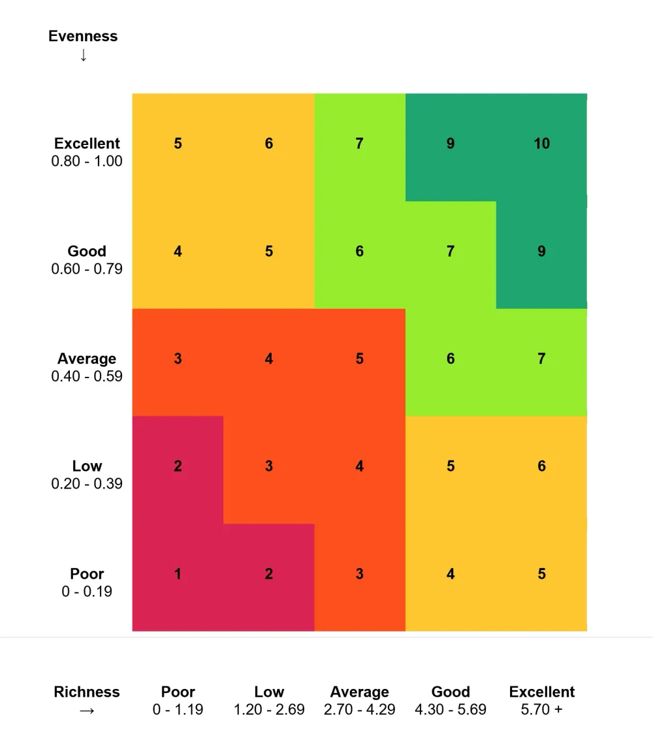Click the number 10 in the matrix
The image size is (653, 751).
pyautogui.click(x=541, y=144)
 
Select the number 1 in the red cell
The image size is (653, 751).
pyautogui.click(x=178, y=574)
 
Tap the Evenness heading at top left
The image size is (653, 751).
pyautogui.click(x=83, y=37)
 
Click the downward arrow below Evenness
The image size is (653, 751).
pyautogui.click(x=83, y=56)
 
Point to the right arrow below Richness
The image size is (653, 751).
pyautogui.click(x=87, y=710)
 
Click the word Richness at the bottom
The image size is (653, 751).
pyautogui.click(x=87, y=692)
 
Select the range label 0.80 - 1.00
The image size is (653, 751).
pyautogui.click(x=87, y=161)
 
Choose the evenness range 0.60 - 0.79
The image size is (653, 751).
pyautogui.click(x=87, y=268)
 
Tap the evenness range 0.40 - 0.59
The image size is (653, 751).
pyautogui.click(x=87, y=376)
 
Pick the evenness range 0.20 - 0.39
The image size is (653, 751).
pyautogui.click(x=87, y=484)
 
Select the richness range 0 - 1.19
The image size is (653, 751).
pyautogui.click(x=178, y=709)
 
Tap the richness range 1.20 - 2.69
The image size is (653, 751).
pyautogui.click(x=269, y=709)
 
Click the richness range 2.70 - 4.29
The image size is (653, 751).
pyautogui.click(x=359, y=709)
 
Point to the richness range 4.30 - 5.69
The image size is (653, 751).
pyautogui.click(x=451, y=709)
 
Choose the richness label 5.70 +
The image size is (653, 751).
pyautogui.click(x=541, y=709)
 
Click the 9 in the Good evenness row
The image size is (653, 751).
pyautogui.click(x=541, y=251)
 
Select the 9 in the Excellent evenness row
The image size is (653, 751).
pyautogui.click(x=451, y=144)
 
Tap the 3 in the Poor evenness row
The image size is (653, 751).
pyautogui.click(x=359, y=574)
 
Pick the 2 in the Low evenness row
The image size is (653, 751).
pyautogui.click(x=178, y=466)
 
